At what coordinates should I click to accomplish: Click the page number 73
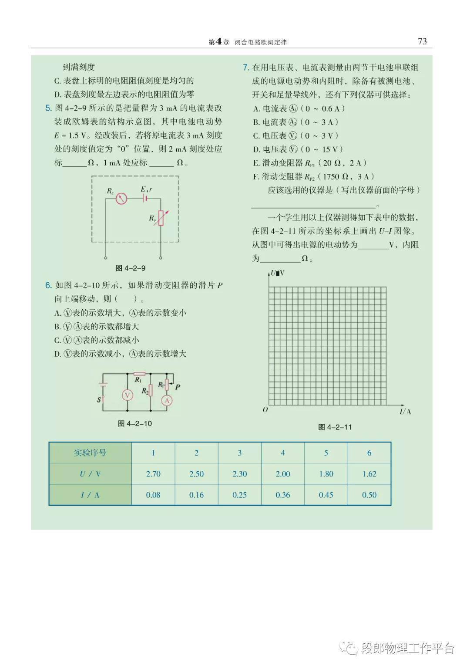click(x=422, y=41)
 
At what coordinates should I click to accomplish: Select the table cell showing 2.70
click(x=153, y=474)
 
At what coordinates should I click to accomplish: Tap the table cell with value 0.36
click(x=283, y=495)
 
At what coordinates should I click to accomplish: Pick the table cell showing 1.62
click(x=369, y=474)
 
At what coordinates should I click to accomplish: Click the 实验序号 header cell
click(x=90, y=453)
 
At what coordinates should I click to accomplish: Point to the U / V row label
click(x=90, y=474)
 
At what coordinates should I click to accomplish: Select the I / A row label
click(x=90, y=495)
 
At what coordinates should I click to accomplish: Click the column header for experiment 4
click(x=283, y=453)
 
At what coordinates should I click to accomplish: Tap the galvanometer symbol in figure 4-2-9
click(x=121, y=199)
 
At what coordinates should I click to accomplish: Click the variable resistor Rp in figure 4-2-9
click(x=161, y=218)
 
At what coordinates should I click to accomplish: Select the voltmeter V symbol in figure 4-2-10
click(x=127, y=395)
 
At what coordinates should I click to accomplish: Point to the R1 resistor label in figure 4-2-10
click(x=138, y=380)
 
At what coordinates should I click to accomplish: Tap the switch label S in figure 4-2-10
click(x=99, y=399)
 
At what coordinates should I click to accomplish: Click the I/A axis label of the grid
click(x=405, y=412)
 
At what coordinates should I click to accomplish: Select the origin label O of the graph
click(x=265, y=410)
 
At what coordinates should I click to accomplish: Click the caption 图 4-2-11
click(x=335, y=427)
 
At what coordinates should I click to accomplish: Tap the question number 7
click(x=245, y=68)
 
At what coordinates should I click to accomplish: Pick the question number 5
click(x=48, y=108)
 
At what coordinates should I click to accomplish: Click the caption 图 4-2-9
click(x=131, y=268)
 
